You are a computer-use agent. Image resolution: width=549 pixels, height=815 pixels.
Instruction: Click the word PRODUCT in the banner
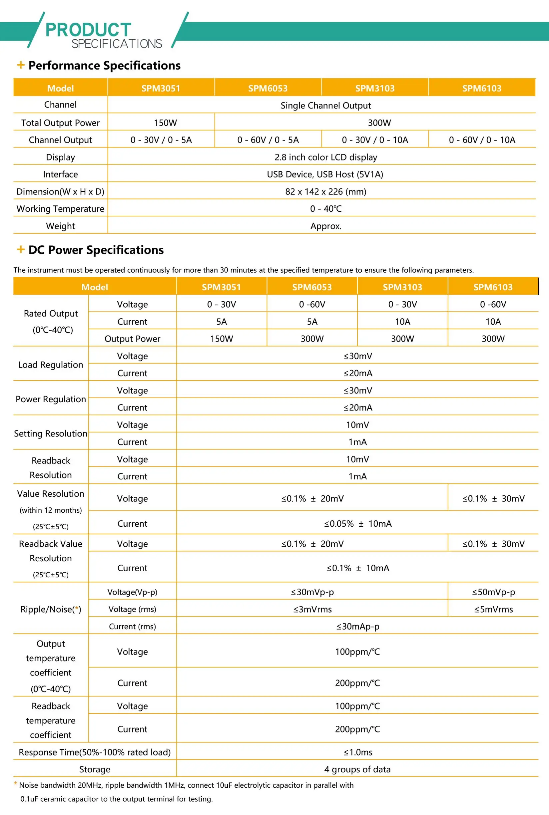click(88, 30)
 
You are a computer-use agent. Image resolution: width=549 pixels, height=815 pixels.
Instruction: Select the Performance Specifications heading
click(104, 66)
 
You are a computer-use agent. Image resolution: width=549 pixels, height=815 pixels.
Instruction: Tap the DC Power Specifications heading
click(96, 250)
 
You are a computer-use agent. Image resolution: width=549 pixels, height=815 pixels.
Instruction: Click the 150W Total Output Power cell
click(165, 123)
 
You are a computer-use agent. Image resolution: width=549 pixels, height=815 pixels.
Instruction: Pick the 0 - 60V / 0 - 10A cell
click(482, 140)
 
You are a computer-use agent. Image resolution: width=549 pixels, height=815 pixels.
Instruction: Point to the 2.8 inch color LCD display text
click(325, 157)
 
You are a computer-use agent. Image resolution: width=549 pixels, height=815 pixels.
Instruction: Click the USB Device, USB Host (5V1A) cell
click(325, 174)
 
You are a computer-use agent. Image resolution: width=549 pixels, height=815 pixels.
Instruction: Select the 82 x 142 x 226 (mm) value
click(325, 191)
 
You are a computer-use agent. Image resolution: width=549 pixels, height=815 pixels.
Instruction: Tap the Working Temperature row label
click(60, 208)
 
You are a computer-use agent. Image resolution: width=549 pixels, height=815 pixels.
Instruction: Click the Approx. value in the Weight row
click(325, 226)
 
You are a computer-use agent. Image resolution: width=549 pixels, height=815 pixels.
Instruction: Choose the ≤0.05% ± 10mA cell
click(357, 523)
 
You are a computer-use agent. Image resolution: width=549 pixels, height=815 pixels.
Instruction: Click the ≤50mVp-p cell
click(493, 592)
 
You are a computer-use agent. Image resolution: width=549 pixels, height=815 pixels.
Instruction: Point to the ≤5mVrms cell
click(493, 609)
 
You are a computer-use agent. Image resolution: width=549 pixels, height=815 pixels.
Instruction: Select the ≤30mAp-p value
click(357, 626)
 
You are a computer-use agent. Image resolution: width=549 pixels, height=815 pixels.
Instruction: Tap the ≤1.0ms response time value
click(357, 752)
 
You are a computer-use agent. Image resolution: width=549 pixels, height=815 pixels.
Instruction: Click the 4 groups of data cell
click(357, 769)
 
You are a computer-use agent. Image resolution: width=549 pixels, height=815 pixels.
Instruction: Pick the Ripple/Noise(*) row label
click(51, 609)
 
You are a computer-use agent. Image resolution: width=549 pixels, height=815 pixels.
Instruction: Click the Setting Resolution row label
click(51, 433)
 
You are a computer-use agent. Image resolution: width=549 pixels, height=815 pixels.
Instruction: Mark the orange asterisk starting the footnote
click(15, 784)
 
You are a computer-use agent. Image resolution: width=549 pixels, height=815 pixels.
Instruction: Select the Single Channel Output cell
click(325, 105)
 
